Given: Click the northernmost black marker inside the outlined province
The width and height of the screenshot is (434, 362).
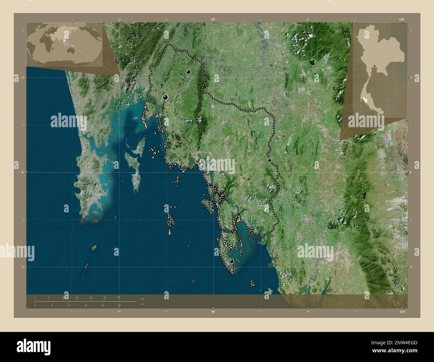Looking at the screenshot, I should click(x=188, y=71).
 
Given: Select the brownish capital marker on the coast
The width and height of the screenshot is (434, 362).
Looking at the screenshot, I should click(x=198, y=161).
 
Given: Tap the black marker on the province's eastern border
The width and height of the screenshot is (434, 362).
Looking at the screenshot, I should click(x=269, y=160).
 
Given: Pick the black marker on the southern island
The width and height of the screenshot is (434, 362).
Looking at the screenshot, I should click(x=231, y=261).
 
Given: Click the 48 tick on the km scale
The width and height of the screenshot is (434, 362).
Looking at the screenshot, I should click(x=119, y=298).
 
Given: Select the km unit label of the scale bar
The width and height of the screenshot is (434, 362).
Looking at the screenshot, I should click(x=143, y=299).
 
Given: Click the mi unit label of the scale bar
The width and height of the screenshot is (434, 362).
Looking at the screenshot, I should click(x=142, y=304).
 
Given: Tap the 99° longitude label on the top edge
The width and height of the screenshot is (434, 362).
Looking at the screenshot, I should click(x=213, y=20).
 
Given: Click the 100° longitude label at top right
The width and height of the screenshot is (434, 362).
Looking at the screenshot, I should click(x=402, y=20).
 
